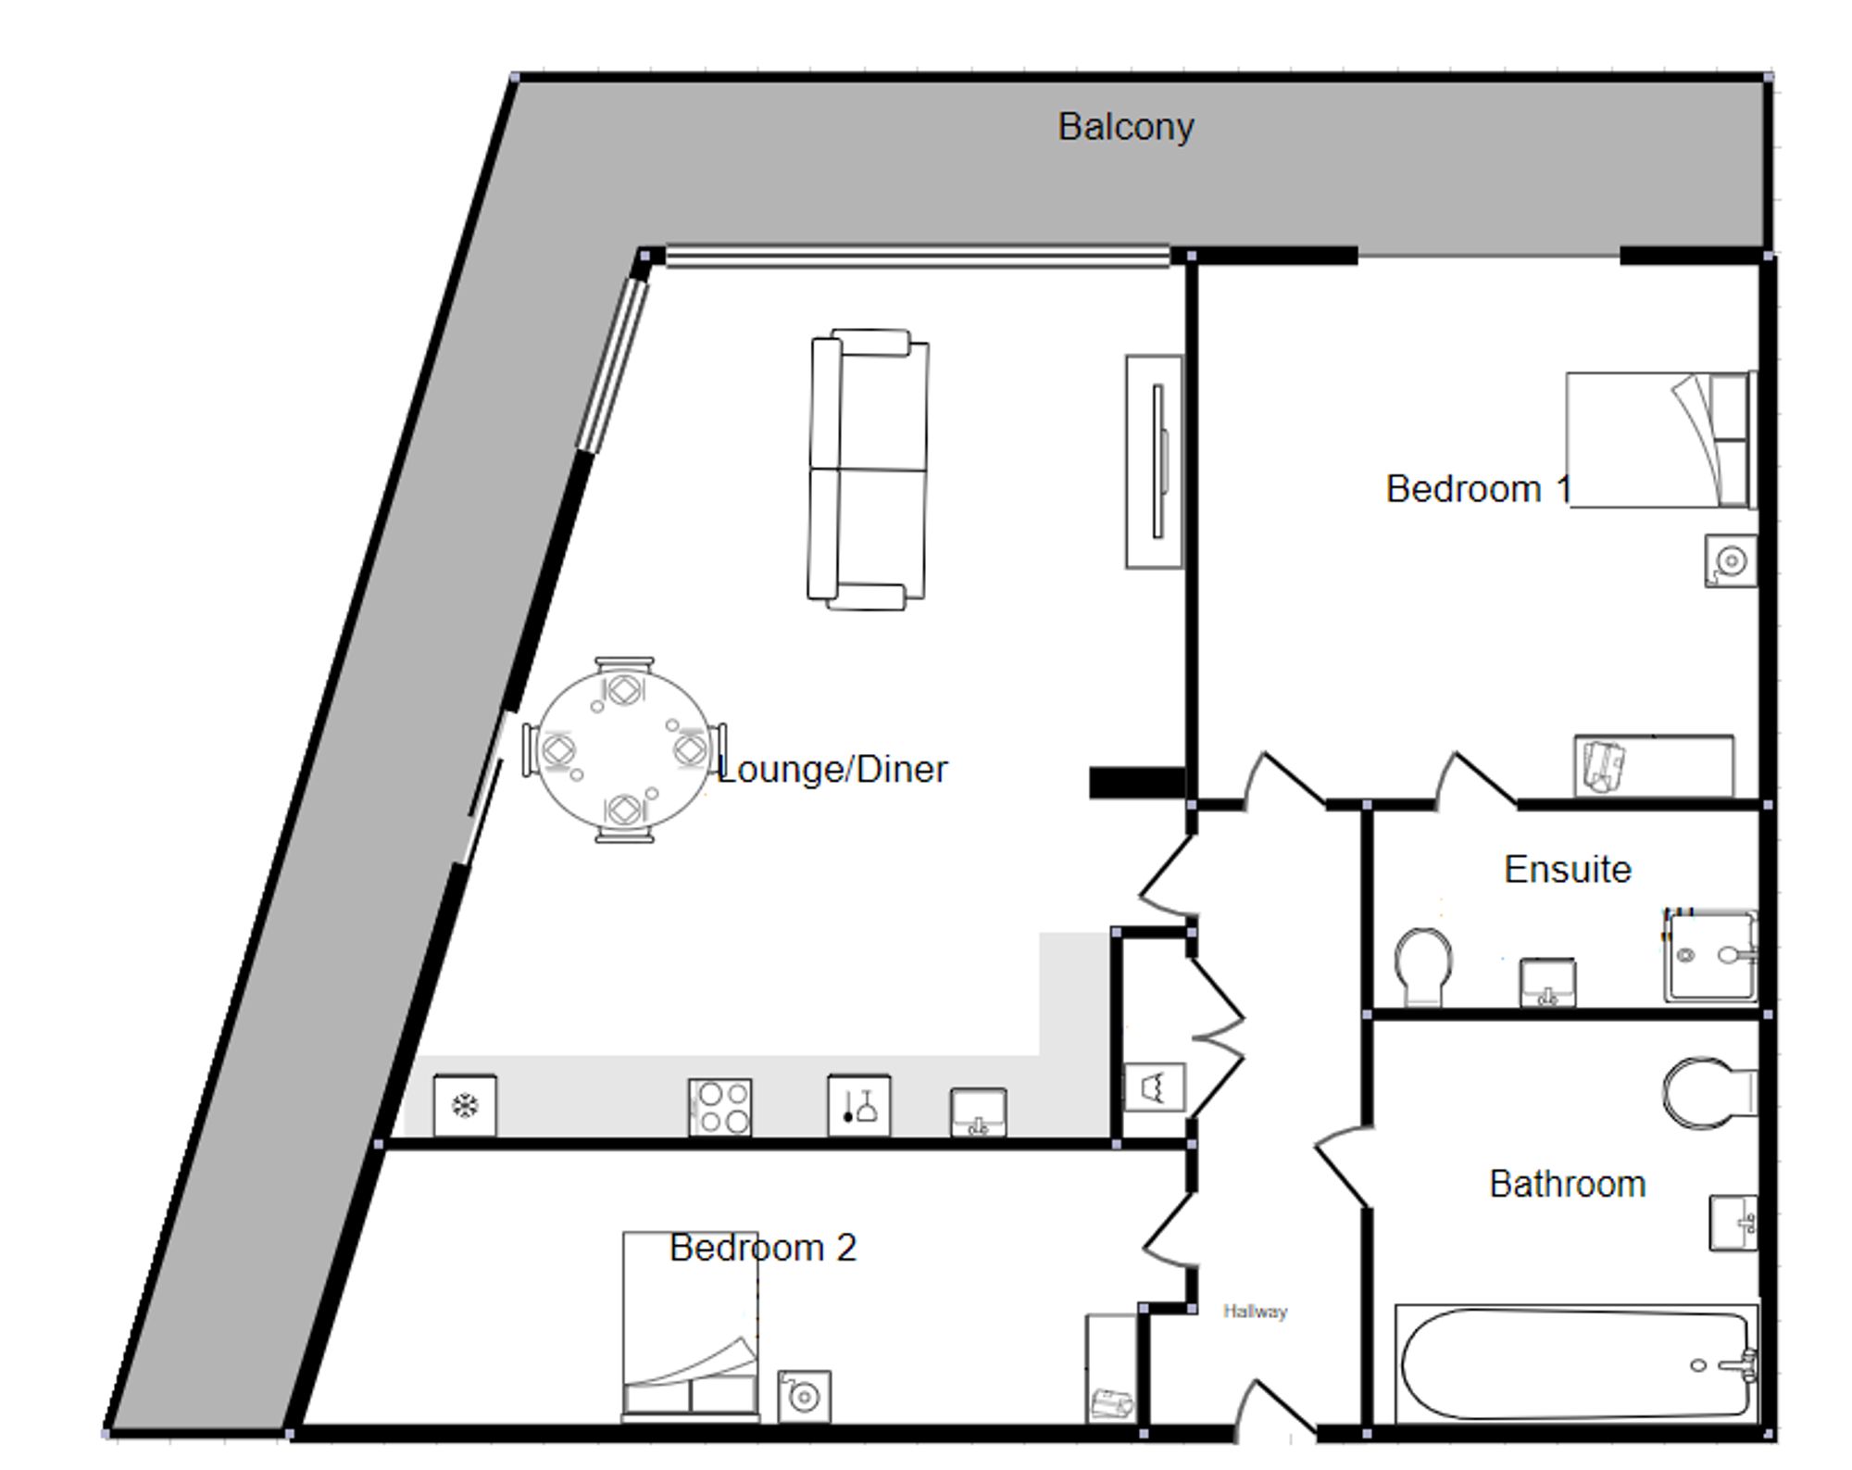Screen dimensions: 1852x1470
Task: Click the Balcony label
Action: (1125, 127)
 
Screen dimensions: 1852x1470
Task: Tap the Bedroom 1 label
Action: (1478, 489)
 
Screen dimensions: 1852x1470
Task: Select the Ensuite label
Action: (1568, 870)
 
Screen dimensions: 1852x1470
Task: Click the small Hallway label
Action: (1255, 1311)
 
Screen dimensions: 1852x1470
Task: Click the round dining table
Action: (624, 750)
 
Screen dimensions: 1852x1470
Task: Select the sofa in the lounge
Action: (869, 470)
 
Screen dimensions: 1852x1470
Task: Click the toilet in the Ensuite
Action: (1423, 966)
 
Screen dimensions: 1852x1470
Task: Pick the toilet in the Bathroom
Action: (1709, 1093)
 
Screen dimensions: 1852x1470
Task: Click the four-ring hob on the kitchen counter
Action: (720, 1108)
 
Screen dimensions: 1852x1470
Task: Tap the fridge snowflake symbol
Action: (463, 1105)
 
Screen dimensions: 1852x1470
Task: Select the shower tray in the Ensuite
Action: (1711, 957)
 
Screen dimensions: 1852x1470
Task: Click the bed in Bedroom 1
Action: (1661, 440)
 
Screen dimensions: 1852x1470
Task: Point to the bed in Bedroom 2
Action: (691, 1326)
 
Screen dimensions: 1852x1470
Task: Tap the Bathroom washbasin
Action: (1733, 1223)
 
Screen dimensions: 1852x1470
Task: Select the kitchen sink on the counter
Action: (979, 1112)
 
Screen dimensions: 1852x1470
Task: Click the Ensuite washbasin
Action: (1547, 983)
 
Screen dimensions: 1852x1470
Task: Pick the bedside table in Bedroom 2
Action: (804, 1397)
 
